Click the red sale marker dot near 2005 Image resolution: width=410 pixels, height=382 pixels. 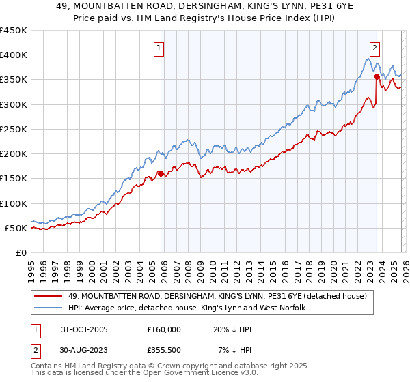(x=161, y=173)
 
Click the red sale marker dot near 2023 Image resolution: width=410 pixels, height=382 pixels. (x=377, y=77)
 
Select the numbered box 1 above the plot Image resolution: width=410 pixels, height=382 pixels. (x=159, y=48)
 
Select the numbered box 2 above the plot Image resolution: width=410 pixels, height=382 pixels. (x=375, y=48)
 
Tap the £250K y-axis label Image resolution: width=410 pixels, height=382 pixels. (x=14, y=130)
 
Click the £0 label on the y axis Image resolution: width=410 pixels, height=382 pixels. (x=21, y=253)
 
